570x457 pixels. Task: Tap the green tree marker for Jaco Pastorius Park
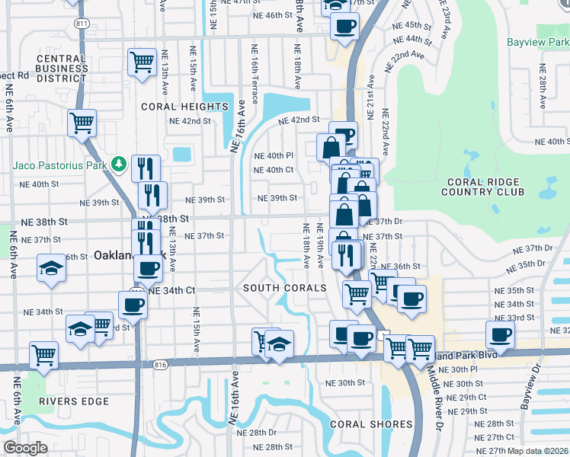click(118, 164)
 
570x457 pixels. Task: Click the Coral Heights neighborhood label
click(175, 107)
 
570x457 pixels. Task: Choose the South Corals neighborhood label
click(284, 288)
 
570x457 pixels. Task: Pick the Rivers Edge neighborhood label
click(75, 401)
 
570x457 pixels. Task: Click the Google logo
click(24, 447)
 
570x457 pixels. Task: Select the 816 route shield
click(159, 366)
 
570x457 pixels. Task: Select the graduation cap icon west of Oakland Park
click(51, 268)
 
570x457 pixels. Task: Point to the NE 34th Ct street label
click(173, 291)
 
